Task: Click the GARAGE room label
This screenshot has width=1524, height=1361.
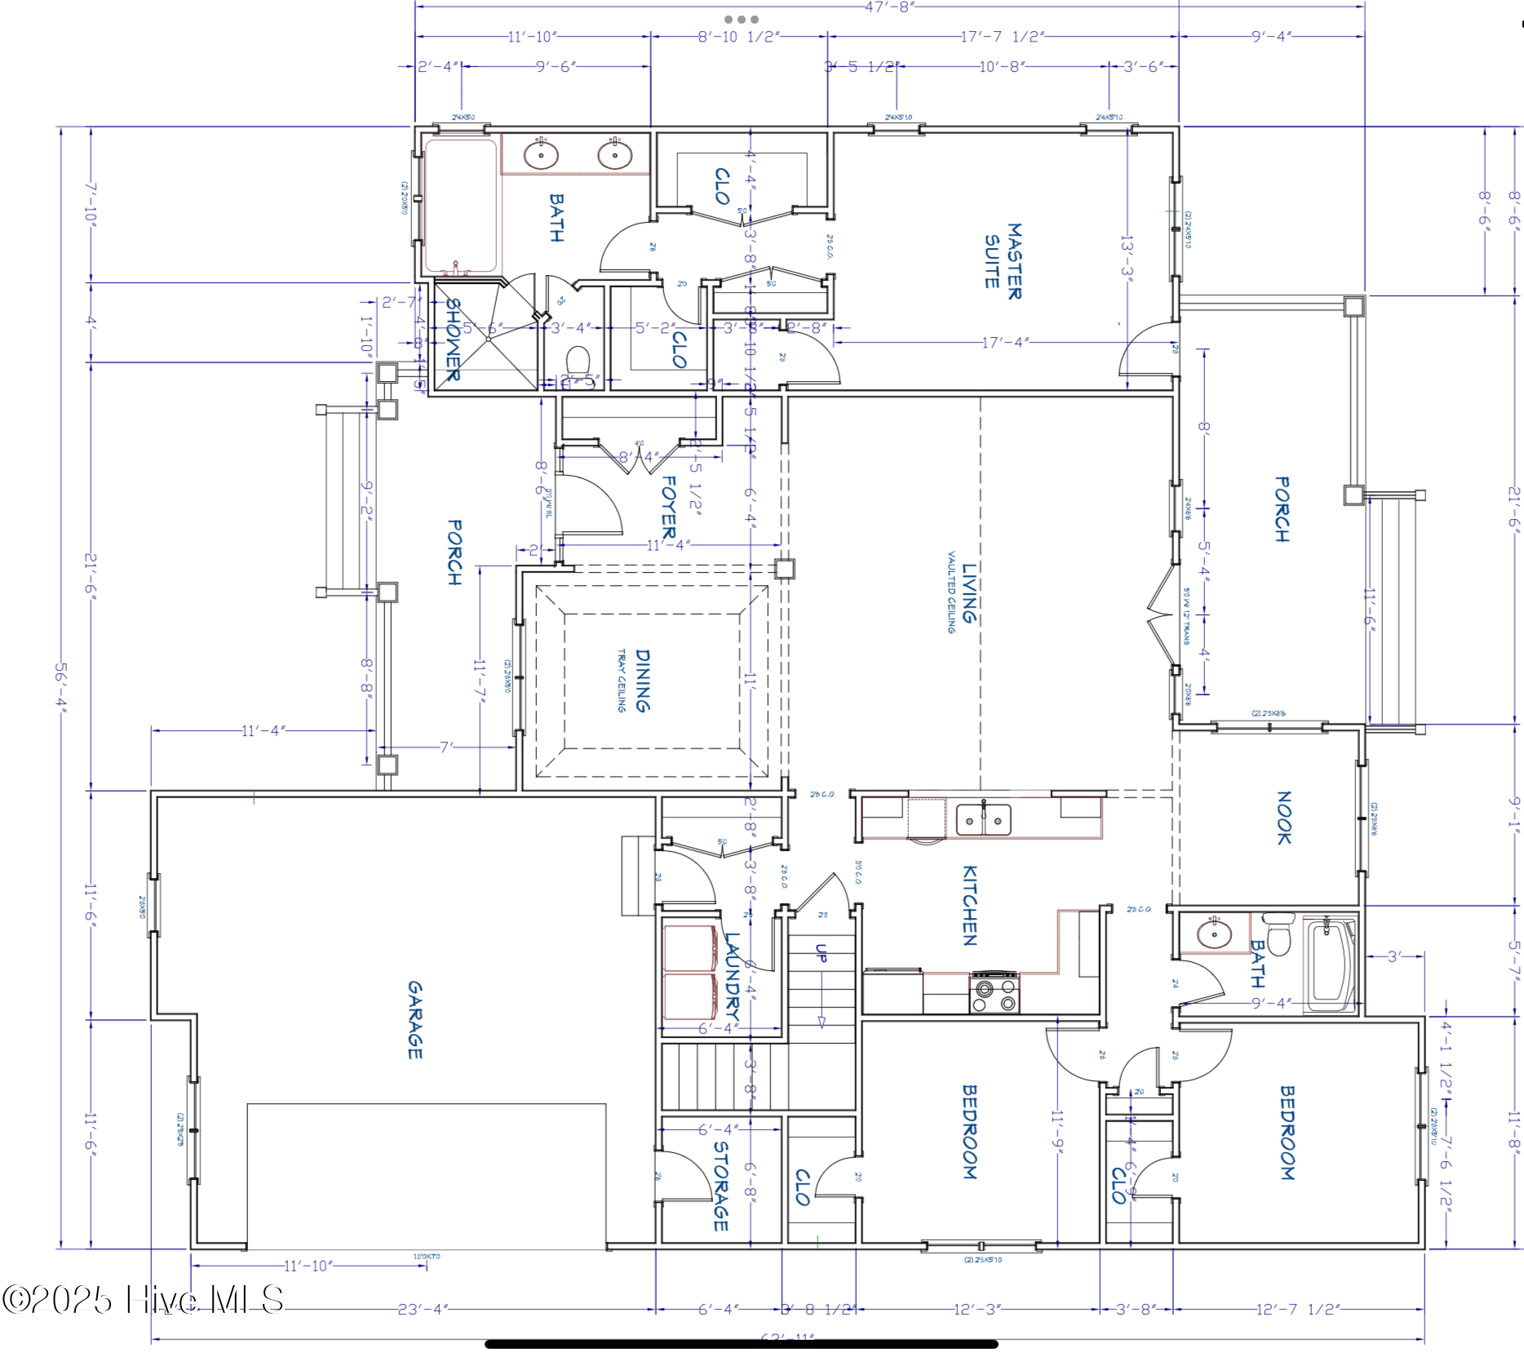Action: click(x=415, y=1020)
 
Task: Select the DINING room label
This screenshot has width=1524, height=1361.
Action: click(x=643, y=680)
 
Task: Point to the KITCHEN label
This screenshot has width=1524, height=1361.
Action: click(x=969, y=906)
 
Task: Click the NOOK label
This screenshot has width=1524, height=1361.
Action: click(x=1283, y=818)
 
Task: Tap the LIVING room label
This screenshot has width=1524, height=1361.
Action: click(x=968, y=593)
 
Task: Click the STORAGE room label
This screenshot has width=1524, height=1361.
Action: click(x=721, y=1186)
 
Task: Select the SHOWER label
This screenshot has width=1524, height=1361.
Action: click(x=453, y=339)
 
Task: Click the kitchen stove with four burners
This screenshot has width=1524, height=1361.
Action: click(x=995, y=994)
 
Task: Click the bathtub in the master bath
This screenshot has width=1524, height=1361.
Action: click(x=460, y=206)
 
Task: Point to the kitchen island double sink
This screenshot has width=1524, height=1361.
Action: click(x=983, y=820)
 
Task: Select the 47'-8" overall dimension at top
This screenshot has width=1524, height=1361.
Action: click(x=889, y=7)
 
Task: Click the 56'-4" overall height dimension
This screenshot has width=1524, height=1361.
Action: click(x=61, y=687)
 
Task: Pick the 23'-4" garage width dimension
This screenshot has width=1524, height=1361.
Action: click(x=423, y=1310)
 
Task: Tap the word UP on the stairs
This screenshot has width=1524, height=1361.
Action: click(x=822, y=952)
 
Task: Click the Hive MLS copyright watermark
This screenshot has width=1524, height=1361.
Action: click(x=143, y=1300)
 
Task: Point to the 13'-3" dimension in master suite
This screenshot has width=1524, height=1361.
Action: click(x=1127, y=256)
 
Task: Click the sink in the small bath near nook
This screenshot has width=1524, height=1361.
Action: click(x=1214, y=932)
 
